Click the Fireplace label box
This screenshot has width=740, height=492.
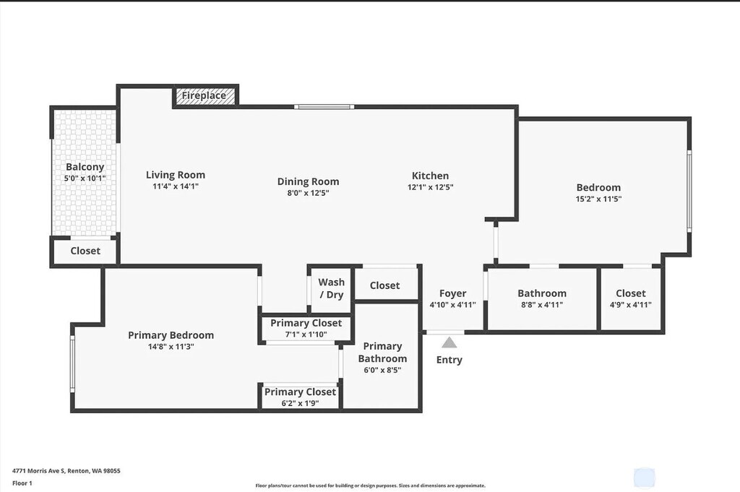click(x=205, y=95)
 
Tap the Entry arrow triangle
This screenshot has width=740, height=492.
click(x=449, y=342)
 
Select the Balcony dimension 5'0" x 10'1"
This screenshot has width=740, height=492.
click(x=85, y=178)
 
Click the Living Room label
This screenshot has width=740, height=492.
click(x=176, y=175)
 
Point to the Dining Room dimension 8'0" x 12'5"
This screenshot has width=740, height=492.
click(x=308, y=193)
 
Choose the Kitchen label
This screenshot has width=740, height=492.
click(x=430, y=176)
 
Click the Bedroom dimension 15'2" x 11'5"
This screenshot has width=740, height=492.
click(x=598, y=199)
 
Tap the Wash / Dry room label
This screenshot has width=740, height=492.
click(x=332, y=288)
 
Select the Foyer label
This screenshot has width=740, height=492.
click(x=453, y=293)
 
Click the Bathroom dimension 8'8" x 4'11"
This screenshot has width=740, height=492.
click(x=542, y=305)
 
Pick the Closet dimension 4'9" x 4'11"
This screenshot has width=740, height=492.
click(x=631, y=305)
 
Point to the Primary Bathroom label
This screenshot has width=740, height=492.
click(x=382, y=353)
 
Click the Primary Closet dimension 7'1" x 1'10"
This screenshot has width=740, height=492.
click(x=306, y=334)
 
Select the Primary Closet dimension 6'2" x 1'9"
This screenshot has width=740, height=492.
click(x=300, y=403)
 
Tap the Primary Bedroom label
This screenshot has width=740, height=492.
click(x=171, y=335)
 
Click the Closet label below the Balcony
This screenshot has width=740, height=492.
click(x=85, y=251)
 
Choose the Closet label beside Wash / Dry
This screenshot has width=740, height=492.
click(x=384, y=285)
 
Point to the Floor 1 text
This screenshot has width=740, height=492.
click(x=22, y=483)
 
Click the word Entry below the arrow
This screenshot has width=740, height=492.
click(x=449, y=360)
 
